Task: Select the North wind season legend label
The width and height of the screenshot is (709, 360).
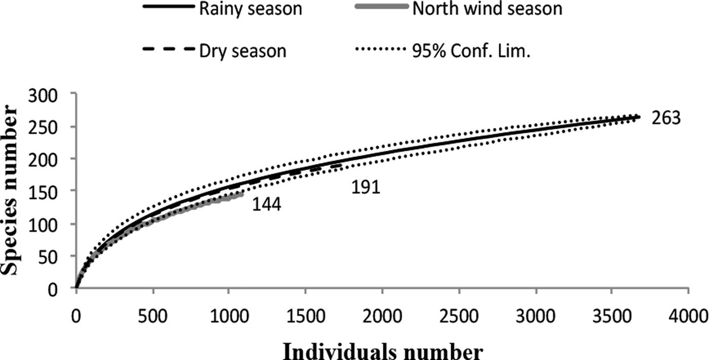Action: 487,9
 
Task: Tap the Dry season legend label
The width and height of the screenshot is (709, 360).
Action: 244,51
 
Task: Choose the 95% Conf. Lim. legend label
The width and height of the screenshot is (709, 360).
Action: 471,51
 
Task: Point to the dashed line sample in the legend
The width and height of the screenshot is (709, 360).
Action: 169,50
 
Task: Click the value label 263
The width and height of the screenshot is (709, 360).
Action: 666,118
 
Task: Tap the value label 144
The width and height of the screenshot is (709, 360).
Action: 266,205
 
